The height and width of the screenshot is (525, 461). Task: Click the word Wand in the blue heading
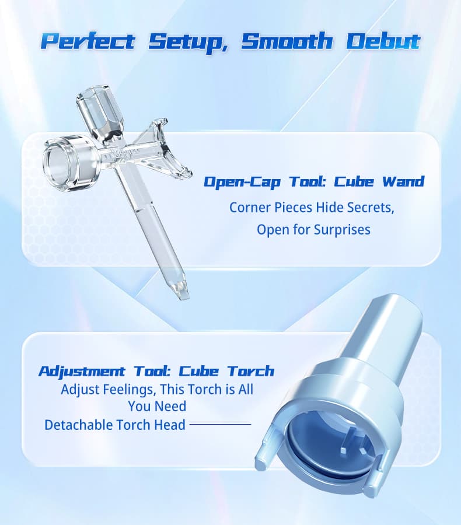click(403, 181)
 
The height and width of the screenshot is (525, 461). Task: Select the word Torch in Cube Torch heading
click(250, 371)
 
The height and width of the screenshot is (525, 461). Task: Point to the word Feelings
click(130, 388)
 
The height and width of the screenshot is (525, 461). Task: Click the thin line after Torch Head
click(220, 425)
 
